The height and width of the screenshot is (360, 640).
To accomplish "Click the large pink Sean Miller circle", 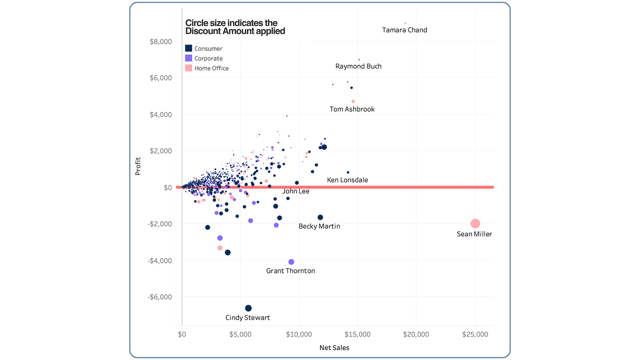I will pyautogui.click(x=475, y=223).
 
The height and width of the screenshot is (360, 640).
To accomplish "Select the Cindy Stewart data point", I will pyautogui.click(x=248, y=308).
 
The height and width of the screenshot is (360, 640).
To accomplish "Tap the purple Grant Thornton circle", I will pyautogui.click(x=291, y=262).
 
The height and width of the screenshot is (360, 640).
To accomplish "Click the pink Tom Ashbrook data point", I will pyautogui.click(x=353, y=101).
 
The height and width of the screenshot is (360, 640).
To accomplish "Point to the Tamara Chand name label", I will pyautogui.click(x=404, y=30).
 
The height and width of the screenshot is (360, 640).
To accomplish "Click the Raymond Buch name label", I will pyautogui.click(x=358, y=66).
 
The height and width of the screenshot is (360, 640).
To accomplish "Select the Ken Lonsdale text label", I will pyautogui.click(x=347, y=180).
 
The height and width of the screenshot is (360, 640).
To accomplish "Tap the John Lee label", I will pyautogui.click(x=296, y=191).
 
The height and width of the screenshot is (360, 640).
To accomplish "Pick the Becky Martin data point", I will pyautogui.click(x=320, y=217).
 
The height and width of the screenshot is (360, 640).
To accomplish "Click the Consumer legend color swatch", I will pyautogui.click(x=189, y=48).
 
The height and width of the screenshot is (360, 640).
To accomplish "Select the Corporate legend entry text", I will pyautogui.click(x=208, y=58).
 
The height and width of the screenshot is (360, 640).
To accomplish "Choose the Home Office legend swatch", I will pyautogui.click(x=189, y=68).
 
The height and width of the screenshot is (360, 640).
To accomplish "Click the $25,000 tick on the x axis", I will pyautogui.click(x=475, y=335).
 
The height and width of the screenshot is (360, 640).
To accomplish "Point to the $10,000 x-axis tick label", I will pyautogui.click(x=299, y=335).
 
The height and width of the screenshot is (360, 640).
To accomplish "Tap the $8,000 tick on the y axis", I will pyautogui.click(x=161, y=41).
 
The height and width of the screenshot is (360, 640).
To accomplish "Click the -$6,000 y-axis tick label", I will pyautogui.click(x=160, y=297).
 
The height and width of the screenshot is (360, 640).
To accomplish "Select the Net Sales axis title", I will pyautogui.click(x=334, y=348).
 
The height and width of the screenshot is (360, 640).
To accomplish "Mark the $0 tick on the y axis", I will pyautogui.click(x=168, y=188).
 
